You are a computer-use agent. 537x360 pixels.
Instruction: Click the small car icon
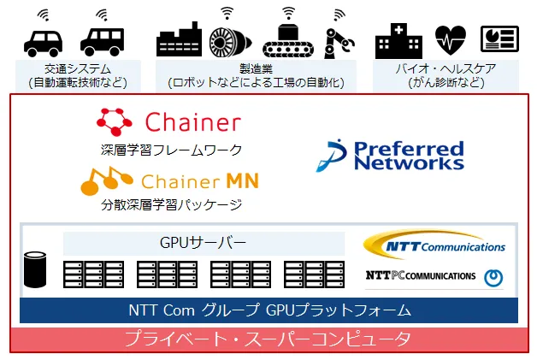43,43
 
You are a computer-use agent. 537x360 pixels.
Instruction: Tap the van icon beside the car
102,42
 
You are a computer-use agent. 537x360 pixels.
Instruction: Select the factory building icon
179,39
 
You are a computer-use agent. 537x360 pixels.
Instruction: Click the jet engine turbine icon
230,43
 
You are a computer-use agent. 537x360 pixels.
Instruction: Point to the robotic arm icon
339,43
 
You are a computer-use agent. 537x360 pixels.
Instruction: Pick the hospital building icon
398,41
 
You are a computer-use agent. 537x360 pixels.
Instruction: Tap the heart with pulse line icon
451,40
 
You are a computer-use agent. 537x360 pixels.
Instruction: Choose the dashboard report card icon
499,38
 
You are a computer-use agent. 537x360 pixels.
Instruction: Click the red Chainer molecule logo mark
114,121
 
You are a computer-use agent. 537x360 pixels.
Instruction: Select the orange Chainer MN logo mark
106,181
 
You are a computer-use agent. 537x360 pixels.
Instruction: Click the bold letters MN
242,180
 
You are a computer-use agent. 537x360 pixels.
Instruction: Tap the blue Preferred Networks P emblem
331,155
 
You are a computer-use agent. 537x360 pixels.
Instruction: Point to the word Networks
409,162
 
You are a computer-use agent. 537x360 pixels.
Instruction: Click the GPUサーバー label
204,243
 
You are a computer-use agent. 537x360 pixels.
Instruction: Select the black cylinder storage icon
35,269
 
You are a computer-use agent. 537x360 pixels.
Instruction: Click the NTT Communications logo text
446,246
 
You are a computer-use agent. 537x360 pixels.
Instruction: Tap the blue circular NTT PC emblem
493,277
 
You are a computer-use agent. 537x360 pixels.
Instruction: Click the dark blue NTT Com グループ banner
268,310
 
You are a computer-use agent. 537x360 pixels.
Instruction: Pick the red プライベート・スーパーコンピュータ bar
269,339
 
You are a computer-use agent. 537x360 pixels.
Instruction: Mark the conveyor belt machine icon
288,40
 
